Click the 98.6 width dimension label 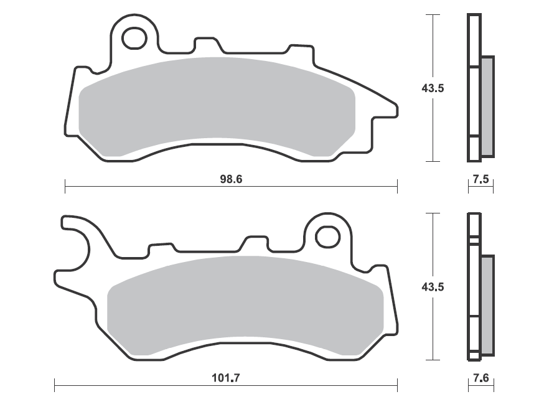[x=231, y=179]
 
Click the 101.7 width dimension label [x=225, y=378]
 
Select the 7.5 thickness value [x=480, y=179]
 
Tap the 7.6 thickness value [x=480, y=378]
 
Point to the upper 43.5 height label [x=433, y=88]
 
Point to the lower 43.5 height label [x=433, y=286]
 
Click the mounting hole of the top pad [x=134, y=38]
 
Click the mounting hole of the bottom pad [x=327, y=236]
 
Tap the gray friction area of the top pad [x=217, y=106]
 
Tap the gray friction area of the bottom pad [x=245, y=306]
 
